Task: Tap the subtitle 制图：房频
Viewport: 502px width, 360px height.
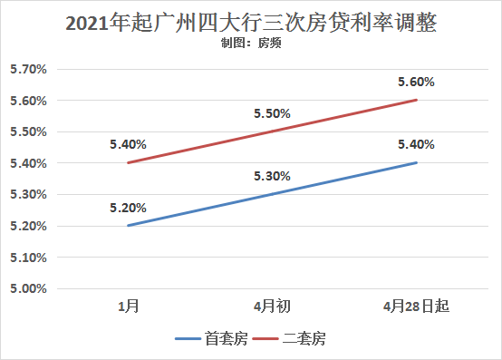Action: coord(251,44)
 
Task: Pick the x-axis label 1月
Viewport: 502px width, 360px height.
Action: coord(128,306)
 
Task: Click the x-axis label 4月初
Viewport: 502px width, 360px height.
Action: coord(272,306)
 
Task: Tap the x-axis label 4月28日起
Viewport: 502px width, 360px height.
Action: coord(416,306)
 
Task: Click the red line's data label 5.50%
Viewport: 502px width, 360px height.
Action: coord(272,114)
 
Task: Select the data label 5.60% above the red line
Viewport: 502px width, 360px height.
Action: coord(416,83)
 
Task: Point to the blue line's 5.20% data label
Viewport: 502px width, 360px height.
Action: coord(128,208)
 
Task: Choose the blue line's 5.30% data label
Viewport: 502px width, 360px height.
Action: coord(272,177)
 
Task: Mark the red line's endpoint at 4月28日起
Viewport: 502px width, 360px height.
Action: coord(416,100)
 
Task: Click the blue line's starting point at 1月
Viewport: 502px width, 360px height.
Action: coord(128,226)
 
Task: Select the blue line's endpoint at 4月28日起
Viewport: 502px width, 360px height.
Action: coord(416,162)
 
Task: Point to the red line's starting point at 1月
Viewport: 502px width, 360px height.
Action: coord(128,163)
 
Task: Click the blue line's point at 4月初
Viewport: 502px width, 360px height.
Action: coord(272,194)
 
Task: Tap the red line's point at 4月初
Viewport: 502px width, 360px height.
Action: coord(272,131)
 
